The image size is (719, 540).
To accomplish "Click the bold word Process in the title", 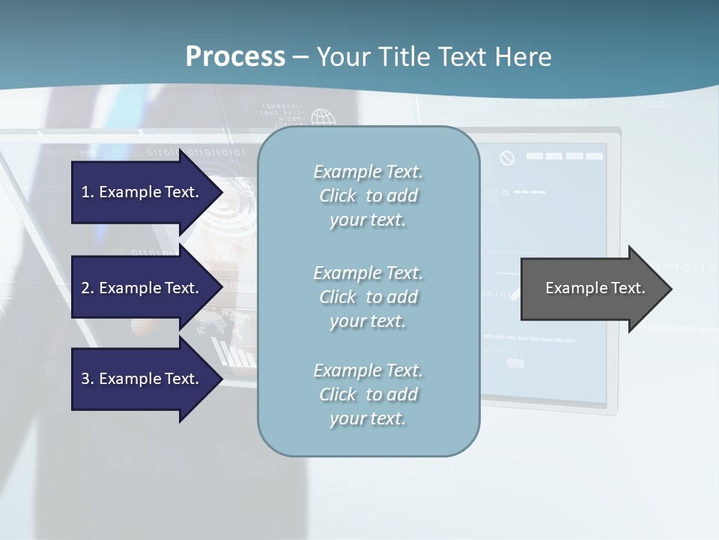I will tap(235, 56).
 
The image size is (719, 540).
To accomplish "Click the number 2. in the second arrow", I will tap(88, 288).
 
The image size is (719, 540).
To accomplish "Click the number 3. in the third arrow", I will tap(88, 379).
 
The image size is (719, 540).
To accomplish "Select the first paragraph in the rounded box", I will tap(368, 196).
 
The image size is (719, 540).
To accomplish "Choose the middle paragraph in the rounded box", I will tap(368, 297).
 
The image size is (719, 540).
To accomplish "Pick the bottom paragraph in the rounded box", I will tap(368, 394).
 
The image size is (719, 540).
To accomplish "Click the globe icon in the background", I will tap(324, 118).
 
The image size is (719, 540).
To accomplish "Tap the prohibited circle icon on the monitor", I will tap(507, 158).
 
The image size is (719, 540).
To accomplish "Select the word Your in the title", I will tap(342, 56).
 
